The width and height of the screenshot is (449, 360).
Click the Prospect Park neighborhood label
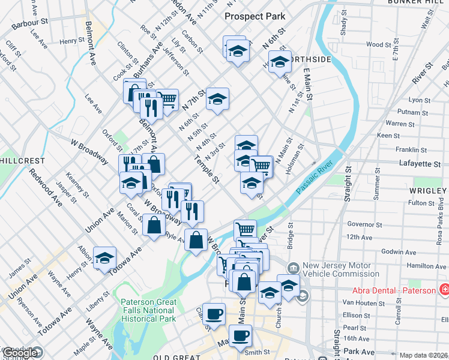255,16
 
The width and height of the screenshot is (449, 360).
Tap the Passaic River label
317,179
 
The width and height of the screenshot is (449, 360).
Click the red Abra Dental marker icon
444,290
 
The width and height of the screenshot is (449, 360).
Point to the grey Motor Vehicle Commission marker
293,268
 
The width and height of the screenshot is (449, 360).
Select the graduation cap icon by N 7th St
218,98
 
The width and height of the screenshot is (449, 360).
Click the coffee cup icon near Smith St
241,337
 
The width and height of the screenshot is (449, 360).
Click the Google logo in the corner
21,353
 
